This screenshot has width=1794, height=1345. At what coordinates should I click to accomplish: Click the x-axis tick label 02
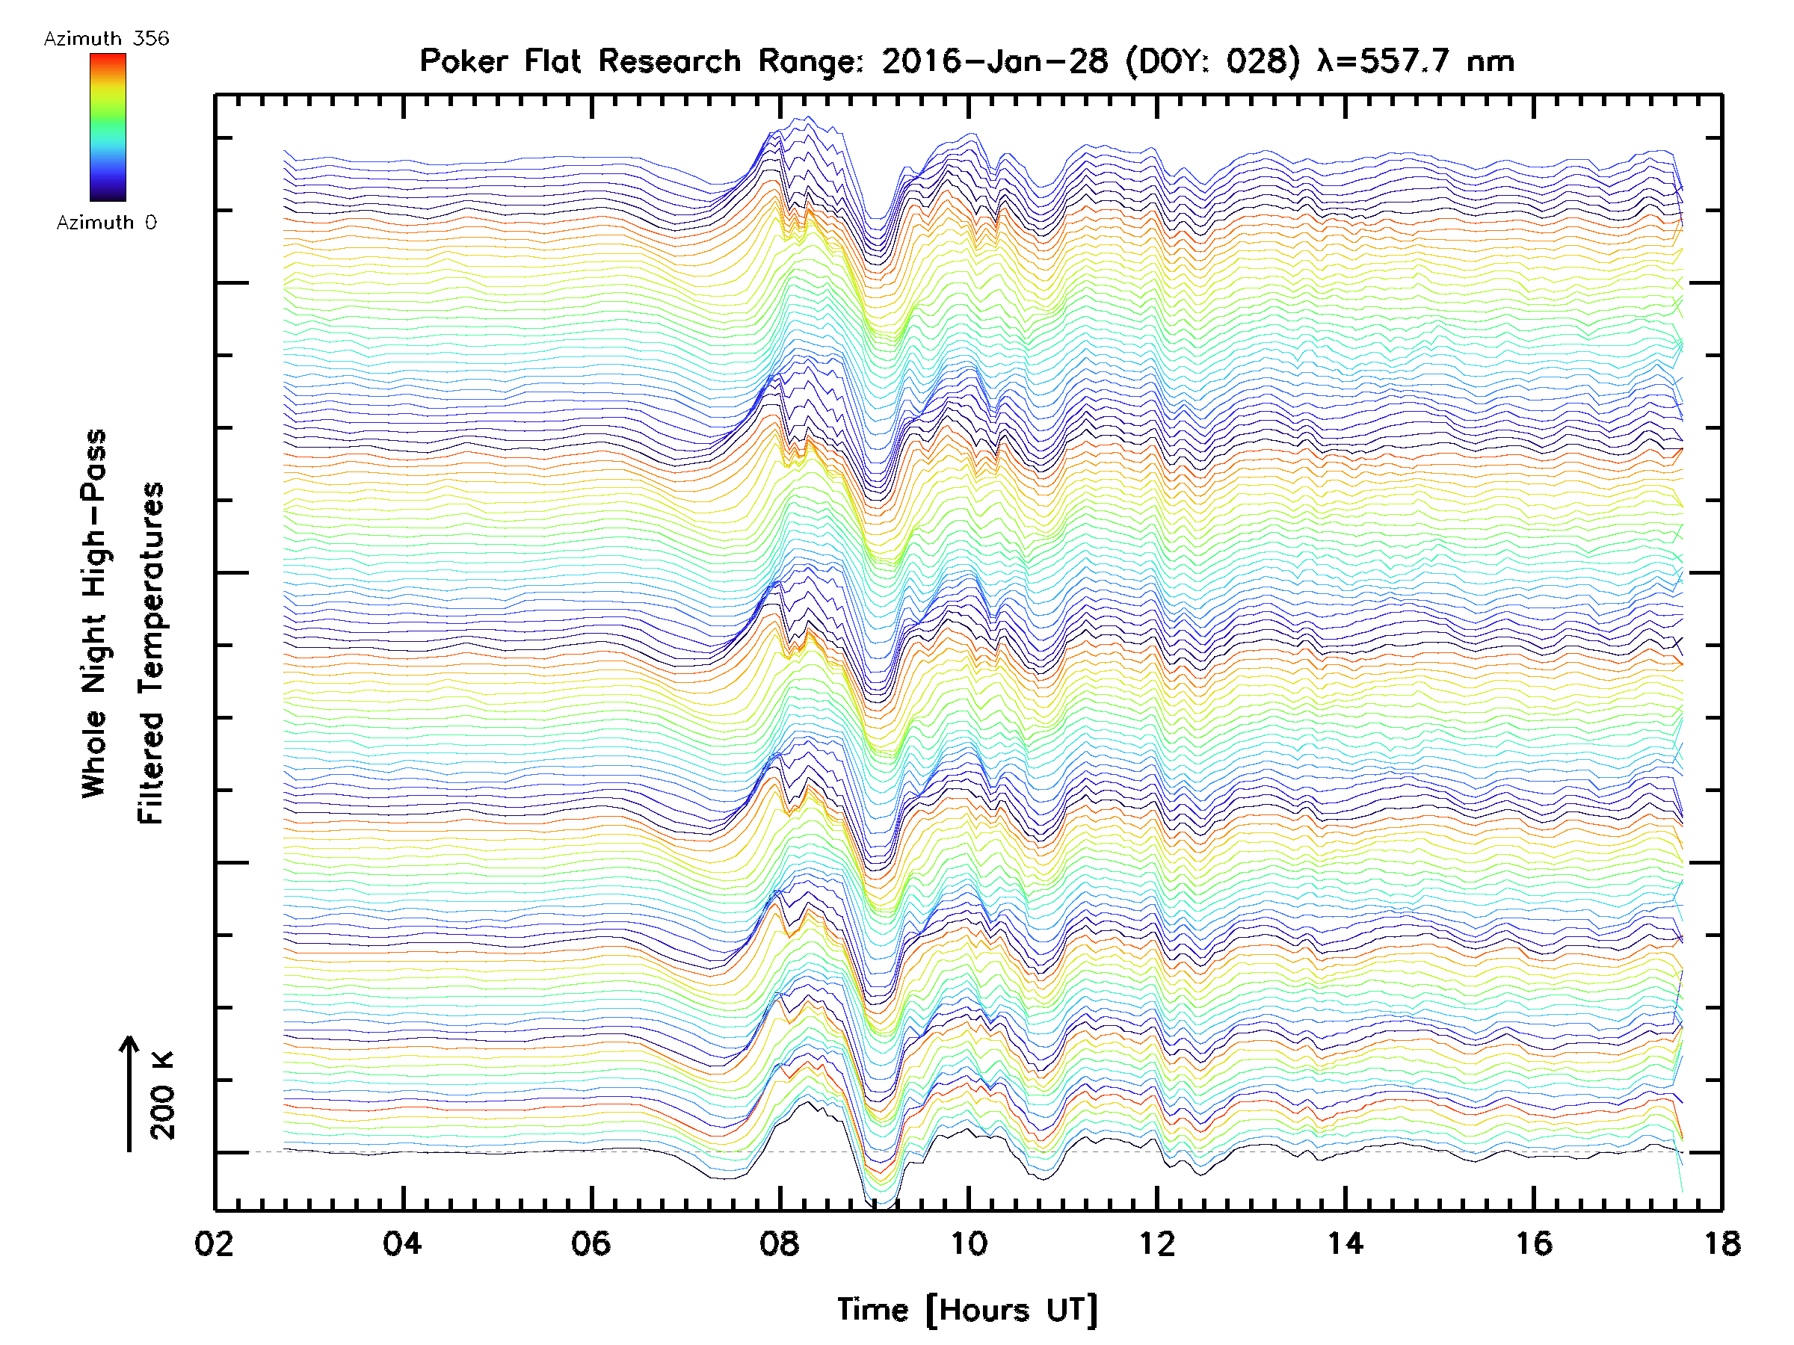[214, 1243]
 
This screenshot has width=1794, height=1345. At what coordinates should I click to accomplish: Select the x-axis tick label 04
[402, 1243]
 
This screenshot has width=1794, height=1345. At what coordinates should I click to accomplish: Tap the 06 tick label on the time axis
[591, 1243]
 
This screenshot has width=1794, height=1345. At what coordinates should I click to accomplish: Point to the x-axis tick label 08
[780, 1243]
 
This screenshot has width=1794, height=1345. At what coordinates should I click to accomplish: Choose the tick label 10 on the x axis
[968, 1243]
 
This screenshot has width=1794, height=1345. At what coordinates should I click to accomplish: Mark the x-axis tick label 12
[1156, 1243]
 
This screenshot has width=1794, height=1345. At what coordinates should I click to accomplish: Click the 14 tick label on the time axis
[1345, 1243]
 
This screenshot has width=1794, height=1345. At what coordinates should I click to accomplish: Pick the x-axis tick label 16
[1534, 1243]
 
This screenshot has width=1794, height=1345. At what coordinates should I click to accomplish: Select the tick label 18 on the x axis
[1721, 1243]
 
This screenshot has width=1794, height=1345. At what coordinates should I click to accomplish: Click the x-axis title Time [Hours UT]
[967, 1311]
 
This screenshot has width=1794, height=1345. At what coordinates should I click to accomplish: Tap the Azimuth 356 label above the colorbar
[106, 39]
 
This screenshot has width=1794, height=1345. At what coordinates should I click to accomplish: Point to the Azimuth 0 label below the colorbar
[106, 222]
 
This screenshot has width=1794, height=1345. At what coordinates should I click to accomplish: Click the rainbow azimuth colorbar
[108, 127]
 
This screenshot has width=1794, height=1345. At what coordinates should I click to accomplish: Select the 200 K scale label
[163, 1095]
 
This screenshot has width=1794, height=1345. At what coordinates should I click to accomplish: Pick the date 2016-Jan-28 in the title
[994, 61]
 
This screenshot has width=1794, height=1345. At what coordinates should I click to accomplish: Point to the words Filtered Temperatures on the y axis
[151, 652]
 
